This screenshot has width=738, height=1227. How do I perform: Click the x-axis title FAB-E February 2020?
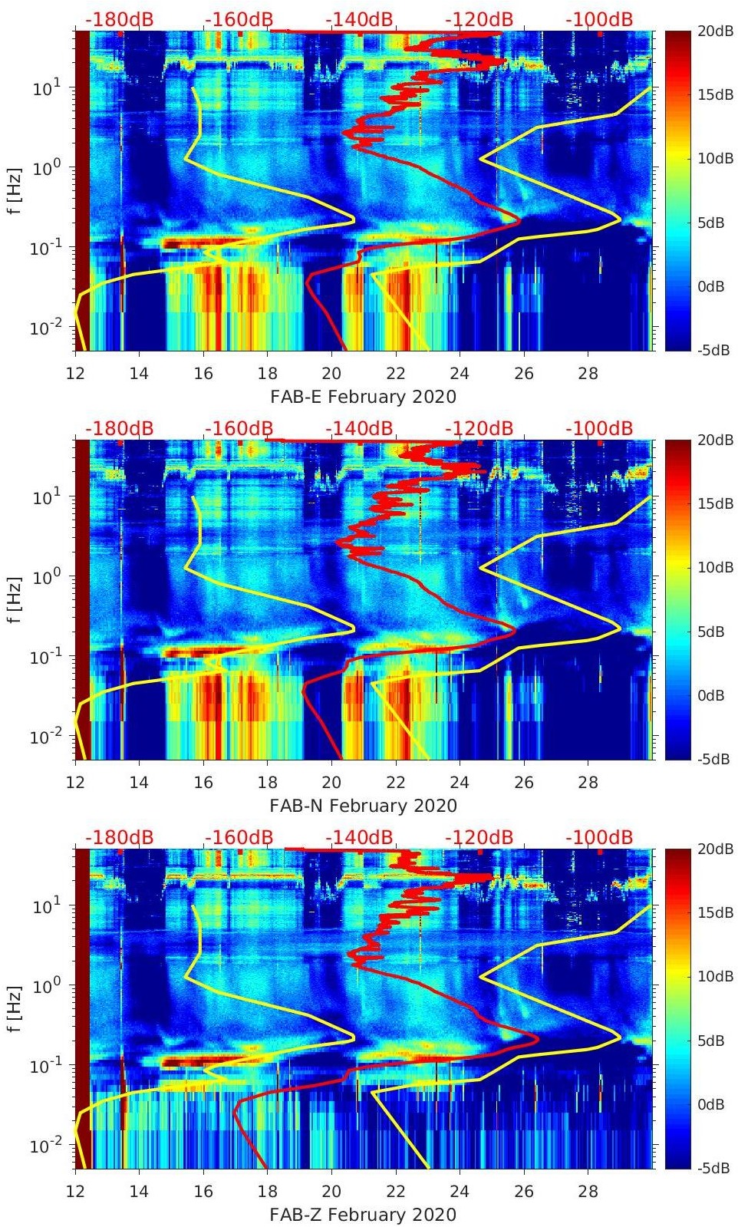[363, 397]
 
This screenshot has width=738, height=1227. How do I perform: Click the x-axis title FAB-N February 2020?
[363, 806]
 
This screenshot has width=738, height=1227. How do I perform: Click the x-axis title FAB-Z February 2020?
[363, 1215]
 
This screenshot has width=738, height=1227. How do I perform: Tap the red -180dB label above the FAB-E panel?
[119, 19]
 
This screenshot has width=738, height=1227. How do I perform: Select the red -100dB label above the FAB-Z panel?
[599, 837]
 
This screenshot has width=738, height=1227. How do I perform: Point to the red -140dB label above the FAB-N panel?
[359, 428]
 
